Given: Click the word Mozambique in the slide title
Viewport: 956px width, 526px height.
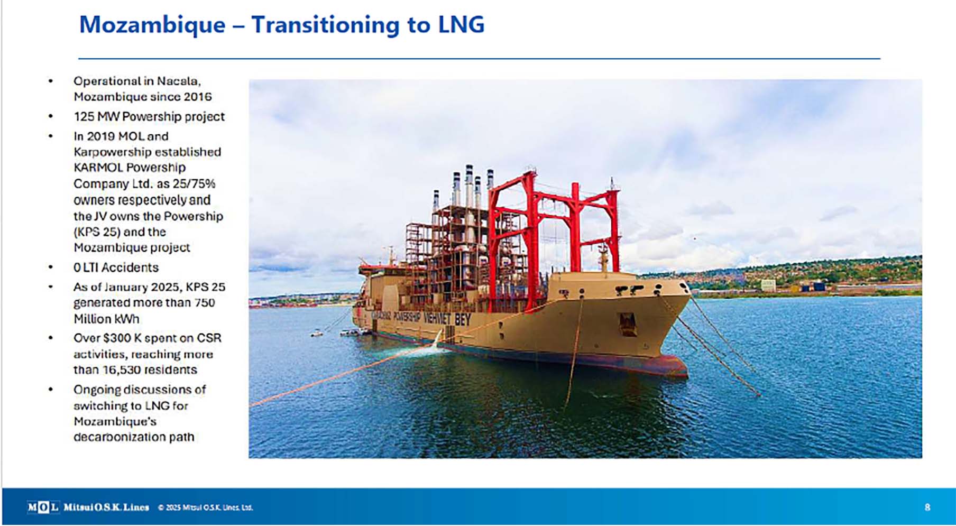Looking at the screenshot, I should click(152, 25).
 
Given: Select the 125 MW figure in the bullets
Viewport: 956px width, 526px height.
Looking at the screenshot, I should click(96, 116).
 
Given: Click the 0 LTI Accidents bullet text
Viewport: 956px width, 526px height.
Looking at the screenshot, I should click(116, 267).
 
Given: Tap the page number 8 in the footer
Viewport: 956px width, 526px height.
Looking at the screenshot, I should click(927, 507).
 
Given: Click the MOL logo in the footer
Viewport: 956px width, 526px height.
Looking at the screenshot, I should click(43, 507).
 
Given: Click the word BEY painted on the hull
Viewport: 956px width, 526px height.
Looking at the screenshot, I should click(462, 319).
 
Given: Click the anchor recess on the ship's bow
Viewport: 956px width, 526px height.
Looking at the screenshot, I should click(628, 324).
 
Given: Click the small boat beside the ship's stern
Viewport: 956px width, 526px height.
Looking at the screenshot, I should click(317, 334).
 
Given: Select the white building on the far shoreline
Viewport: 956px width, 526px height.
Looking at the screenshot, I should click(768, 285).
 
